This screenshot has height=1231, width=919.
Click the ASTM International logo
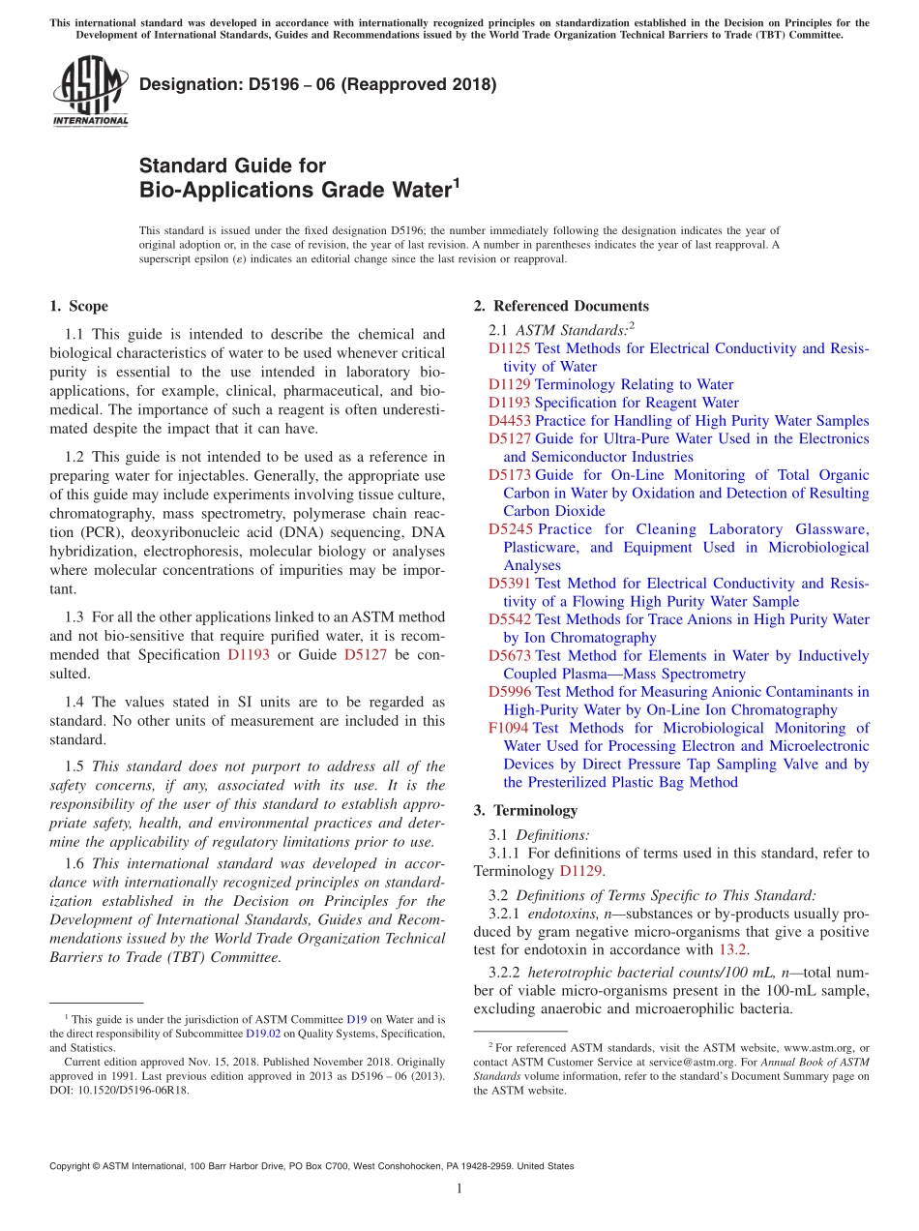(x=90, y=92)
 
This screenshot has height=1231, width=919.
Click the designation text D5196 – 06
(x=317, y=84)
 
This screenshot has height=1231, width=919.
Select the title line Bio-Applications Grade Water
(x=295, y=189)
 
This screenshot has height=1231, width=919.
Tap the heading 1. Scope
(x=78, y=306)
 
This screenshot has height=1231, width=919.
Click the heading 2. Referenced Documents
(x=561, y=306)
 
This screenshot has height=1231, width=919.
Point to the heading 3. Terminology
(x=525, y=810)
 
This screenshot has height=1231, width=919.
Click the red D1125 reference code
(x=509, y=348)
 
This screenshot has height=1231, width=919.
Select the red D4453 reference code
(x=509, y=421)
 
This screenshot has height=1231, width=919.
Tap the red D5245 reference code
(x=510, y=529)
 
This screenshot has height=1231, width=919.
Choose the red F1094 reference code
(x=508, y=728)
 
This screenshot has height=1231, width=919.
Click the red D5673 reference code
(x=509, y=656)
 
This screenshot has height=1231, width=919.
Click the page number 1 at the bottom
(x=459, y=1189)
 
